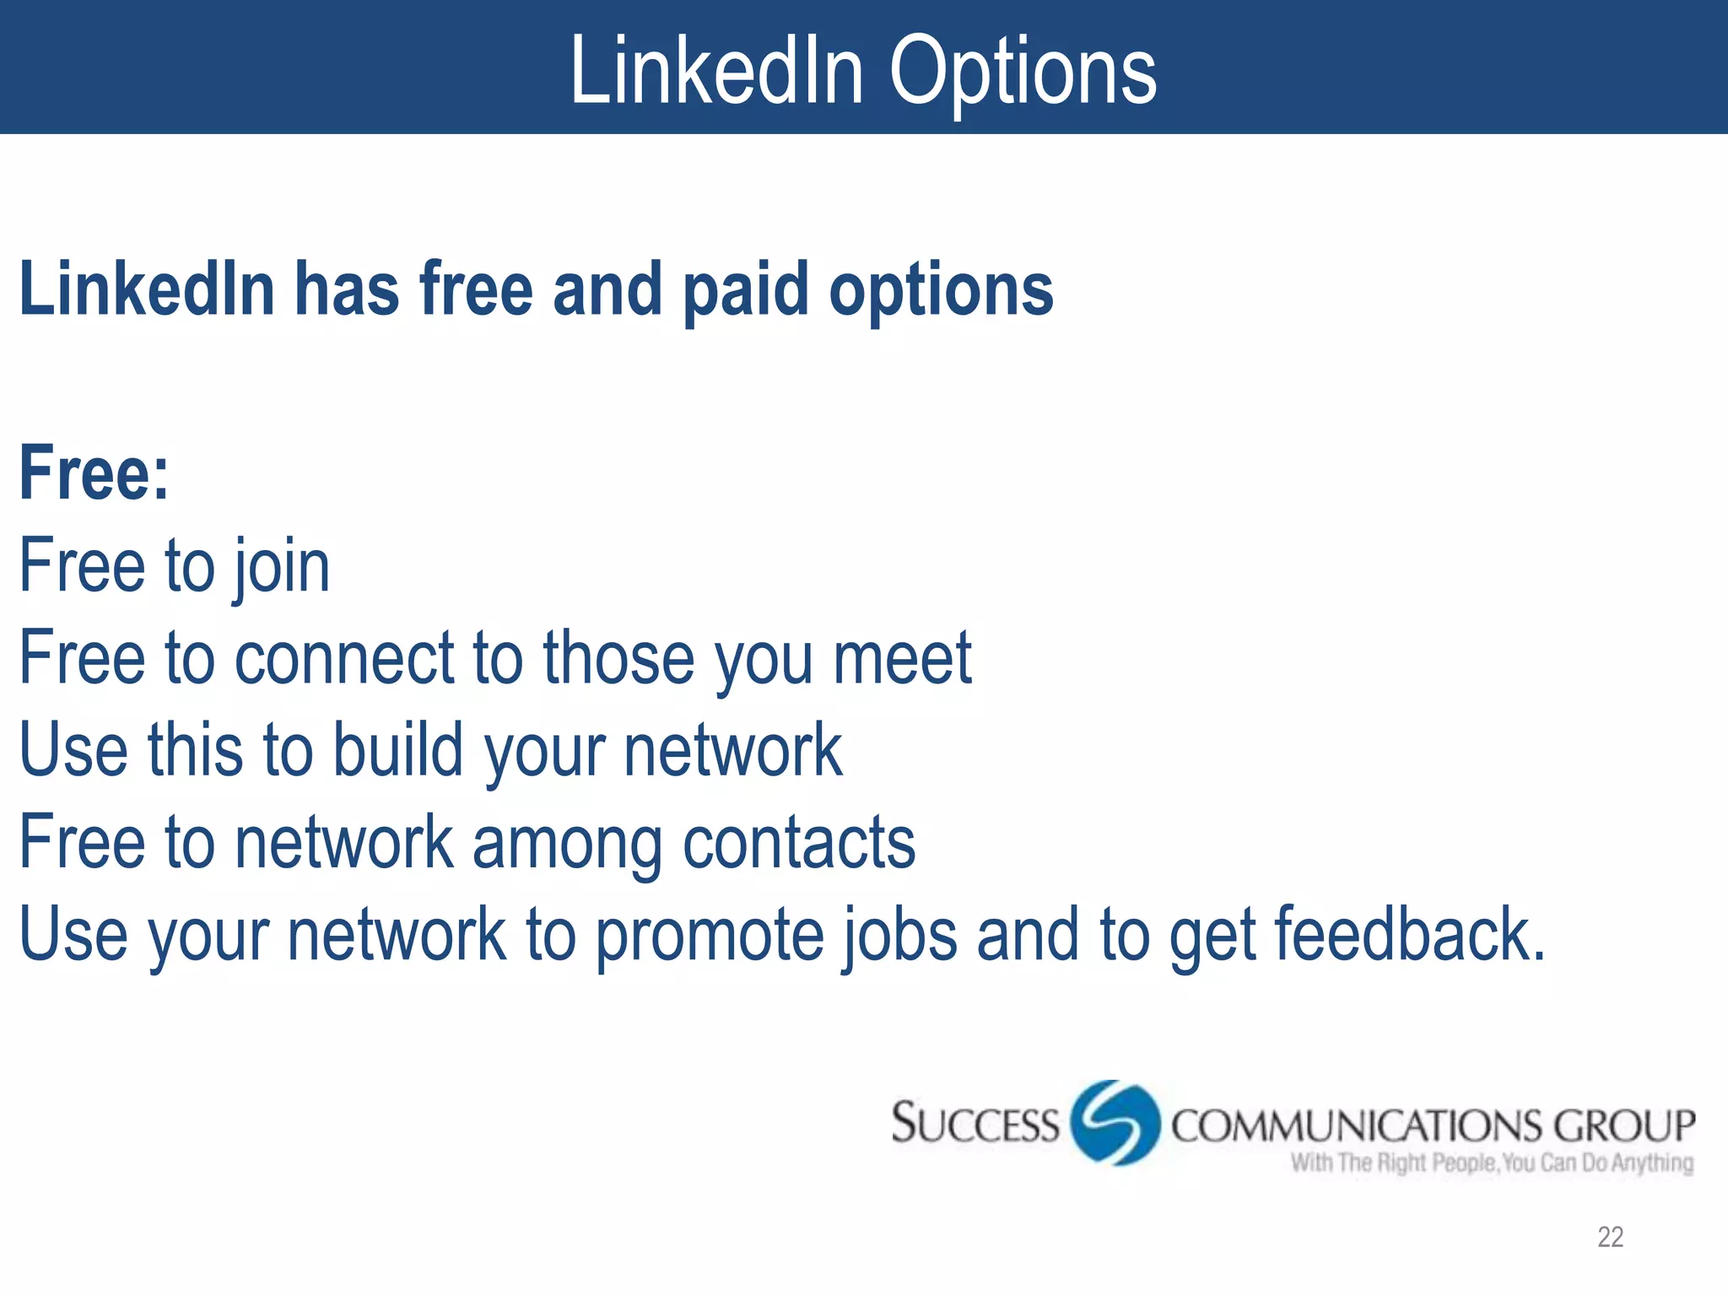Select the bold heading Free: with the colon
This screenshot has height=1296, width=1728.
tap(94, 474)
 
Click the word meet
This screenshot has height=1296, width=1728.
tap(902, 658)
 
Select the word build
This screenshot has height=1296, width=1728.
tap(397, 749)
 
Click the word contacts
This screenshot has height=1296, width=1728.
tap(798, 842)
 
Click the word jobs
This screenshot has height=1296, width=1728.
tap(899, 935)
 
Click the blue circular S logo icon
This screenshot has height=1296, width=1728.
tap(1115, 1123)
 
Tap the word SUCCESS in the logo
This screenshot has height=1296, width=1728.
tap(975, 1124)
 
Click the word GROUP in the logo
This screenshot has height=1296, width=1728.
tap(1624, 1126)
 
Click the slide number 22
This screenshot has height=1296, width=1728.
tap(1610, 1237)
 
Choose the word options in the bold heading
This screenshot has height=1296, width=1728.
tap(941, 290)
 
